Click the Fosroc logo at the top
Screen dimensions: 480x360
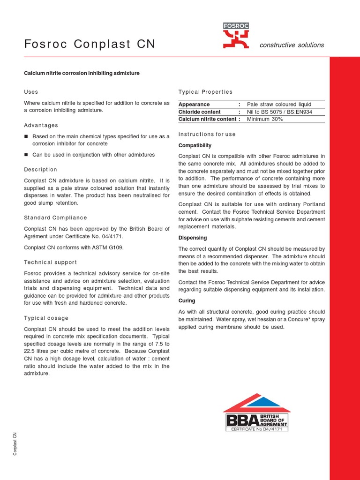pos(236,36)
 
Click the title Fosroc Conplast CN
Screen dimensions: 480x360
pos(90,45)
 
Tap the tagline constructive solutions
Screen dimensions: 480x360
pos(292,45)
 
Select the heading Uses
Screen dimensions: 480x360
pos(31,92)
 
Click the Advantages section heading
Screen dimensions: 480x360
pos(41,125)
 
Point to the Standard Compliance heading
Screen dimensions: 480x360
pos(55,217)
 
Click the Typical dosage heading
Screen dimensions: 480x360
pos(46,318)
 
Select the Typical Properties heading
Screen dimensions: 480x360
pos(205,92)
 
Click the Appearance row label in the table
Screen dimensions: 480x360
pos(194,104)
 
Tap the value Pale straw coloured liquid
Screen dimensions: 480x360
pos(279,104)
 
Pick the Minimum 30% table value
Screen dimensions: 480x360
pos(265,119)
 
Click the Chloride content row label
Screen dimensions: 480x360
pos(199,112)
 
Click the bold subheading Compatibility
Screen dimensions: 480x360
pos(195,145)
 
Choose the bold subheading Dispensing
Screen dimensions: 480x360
pos(193,238)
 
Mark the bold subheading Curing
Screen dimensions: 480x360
pos(187,300)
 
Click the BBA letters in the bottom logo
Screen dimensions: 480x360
pos(242,420)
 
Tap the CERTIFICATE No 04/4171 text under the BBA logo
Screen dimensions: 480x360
pos(257,428)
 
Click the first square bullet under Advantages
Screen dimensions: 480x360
pos(26,136)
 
